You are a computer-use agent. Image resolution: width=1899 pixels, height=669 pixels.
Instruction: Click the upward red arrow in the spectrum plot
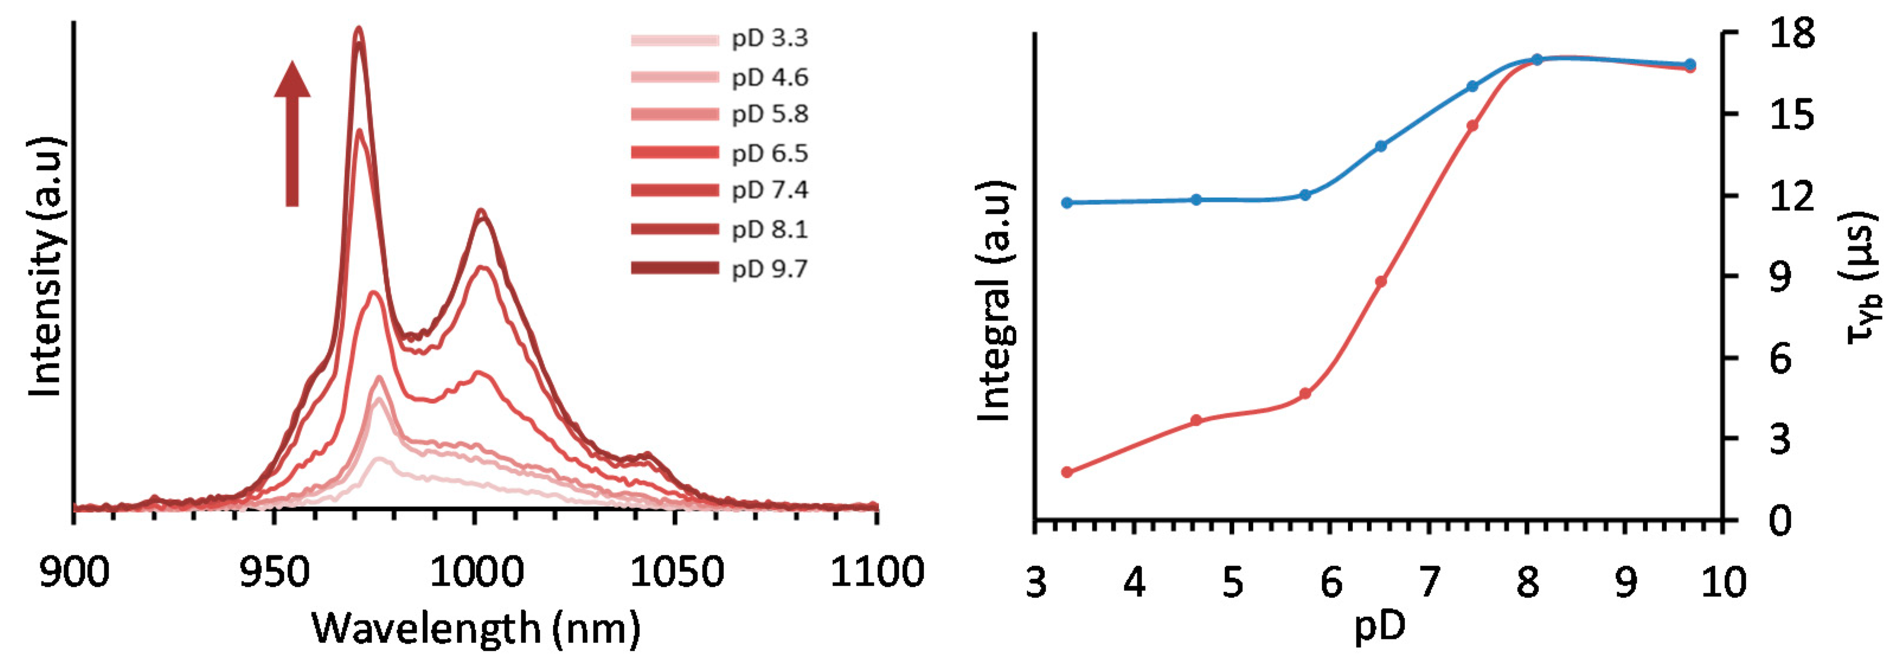tap(292, 133)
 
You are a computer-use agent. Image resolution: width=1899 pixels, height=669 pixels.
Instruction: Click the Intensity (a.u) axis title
tap(46, 267)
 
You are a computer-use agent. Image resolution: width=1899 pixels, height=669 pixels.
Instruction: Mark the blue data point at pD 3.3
tap(1067, 202)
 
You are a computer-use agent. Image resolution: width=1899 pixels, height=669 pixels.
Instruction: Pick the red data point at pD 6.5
tap(1381, 281)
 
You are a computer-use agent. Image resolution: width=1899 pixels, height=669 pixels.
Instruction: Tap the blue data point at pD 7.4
tap(1472, 86)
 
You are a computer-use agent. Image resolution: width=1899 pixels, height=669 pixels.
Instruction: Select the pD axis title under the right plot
tap(1380, 626)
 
